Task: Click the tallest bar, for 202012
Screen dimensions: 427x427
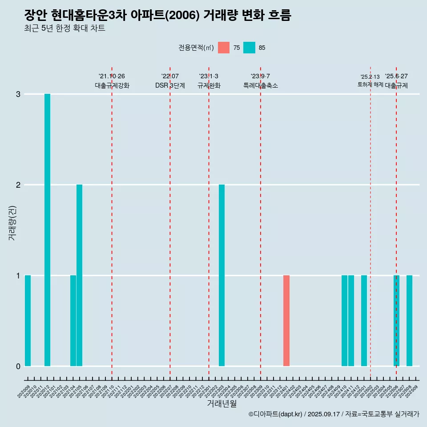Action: coord(47,230)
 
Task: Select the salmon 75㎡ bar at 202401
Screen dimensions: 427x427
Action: coord(286,321)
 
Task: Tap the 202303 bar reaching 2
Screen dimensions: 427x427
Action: coord(222,275)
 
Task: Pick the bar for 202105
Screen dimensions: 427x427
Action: coord(80,275)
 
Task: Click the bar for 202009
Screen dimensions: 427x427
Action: coord(28,321)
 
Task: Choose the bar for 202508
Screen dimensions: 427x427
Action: coord(409,321)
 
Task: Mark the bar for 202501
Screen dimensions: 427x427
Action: coord(364,321)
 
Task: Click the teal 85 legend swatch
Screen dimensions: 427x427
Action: coord(250,48)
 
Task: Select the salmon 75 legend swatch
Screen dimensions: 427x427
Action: coord(224,48)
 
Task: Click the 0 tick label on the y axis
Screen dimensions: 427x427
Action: coord(18,367)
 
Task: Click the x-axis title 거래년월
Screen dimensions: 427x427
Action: coord(222,404)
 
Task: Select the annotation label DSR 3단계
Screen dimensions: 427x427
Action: coord(170,85)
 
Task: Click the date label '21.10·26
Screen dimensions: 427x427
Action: coord(112,76)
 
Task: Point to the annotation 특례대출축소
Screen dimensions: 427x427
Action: coord(261,85)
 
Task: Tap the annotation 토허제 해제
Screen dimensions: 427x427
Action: coord(370,84)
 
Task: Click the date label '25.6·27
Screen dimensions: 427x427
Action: coord(396,76)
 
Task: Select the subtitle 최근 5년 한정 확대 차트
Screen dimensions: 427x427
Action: coord(64,28)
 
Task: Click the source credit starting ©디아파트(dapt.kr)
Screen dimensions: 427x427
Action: coord(334,414)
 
